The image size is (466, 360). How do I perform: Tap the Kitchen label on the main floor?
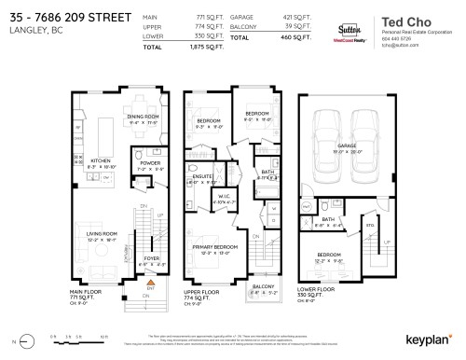pos(101,160)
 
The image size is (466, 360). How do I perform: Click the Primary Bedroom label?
pos(217,247)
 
